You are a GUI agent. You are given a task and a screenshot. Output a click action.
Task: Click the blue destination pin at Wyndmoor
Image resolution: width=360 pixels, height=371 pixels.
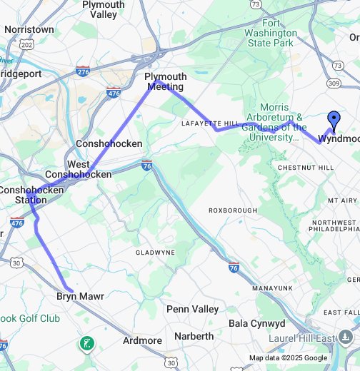tap(333, 120)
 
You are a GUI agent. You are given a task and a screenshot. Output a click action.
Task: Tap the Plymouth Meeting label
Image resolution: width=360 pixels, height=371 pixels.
tap(165, 81)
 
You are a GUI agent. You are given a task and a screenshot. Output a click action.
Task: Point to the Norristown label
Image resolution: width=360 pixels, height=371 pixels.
tap(29, 30)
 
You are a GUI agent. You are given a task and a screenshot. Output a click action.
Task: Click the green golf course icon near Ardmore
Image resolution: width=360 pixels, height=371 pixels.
tap(86, 344)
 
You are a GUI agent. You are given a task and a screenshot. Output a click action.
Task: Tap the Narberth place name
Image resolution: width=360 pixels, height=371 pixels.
tap(190, 336)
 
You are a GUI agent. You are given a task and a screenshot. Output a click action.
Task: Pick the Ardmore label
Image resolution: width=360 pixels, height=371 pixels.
tap(142, 340)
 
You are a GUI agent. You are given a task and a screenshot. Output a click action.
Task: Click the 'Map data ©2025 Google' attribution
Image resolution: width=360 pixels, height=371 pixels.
tap(289, 358)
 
